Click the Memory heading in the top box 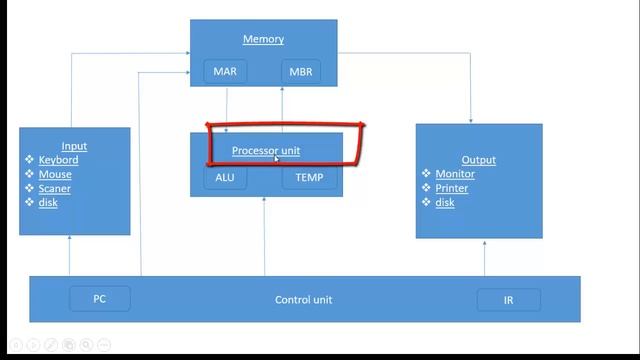click(x=263, y=39)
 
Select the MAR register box click(x=225, y=71)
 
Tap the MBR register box click(x=301, y=72)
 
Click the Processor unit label click(x=266, y=151)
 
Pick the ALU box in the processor click(x=225, y=178)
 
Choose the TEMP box click(x=309, y=178)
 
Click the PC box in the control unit click(x=100, y=299)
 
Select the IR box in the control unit click(x=509, y=300)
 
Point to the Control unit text click(x=304, y=300)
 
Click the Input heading click(x=74, y=146)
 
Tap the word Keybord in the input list click(x=58, y=160)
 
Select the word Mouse click(x=55, y=175)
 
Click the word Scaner click(x=55, y=189)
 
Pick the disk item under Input click(x=48, y=203)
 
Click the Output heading click(x=479, y=160)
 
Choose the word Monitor click(x=455, y=174)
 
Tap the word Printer click(x=451, y=188)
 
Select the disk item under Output click(x=445, y=202)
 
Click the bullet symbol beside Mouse click(x=29, y=174)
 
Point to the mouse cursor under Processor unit click(x=276, y=158)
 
